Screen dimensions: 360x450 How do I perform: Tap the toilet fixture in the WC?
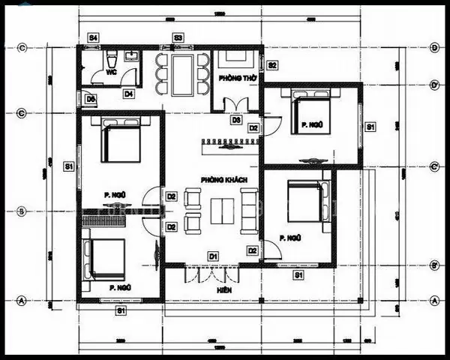[x=111, y=58]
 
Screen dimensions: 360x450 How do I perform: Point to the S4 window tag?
[x=93, y=37]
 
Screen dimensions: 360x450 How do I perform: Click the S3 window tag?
[x=178, y=37]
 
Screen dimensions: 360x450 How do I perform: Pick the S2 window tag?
[x=272, y=65]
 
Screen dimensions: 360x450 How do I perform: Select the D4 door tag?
[x=129, y=94]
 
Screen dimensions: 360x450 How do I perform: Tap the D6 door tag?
[x=90, y=98]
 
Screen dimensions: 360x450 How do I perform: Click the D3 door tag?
[x=235, y=120]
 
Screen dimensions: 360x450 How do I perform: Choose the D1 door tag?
[x=213, y=256]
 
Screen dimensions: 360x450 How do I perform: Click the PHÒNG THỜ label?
[x=234, y=78]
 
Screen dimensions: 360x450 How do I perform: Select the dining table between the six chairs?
[x=181, y=74]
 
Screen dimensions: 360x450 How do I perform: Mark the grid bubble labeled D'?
[x=434, y=85]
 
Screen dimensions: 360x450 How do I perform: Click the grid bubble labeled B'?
[x=434, y=265]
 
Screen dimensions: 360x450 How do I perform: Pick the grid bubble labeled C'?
[x=434, y=166]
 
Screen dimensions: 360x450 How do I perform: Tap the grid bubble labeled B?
[x=22, y=211]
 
